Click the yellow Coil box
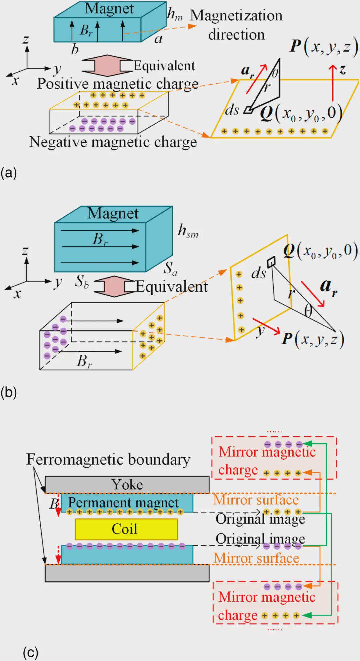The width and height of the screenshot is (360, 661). tap(126, 529)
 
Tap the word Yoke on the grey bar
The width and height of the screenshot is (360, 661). tap(127, 484)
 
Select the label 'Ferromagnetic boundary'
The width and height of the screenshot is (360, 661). tap(108, 459)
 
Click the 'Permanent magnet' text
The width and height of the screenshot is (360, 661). tap(123, 502)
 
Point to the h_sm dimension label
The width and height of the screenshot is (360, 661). tap(188, 231)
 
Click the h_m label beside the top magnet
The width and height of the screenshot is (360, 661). tap(175, 14)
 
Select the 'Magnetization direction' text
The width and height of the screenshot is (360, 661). tap(236, 25)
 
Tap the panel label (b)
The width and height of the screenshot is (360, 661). tap(9, 392)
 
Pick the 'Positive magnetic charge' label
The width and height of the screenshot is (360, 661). tap(118, 83)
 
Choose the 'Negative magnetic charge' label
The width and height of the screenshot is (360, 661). tap(113, 142)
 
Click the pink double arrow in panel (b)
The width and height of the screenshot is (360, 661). tap(114, 286)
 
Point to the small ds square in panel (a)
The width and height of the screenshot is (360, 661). tap(248, 110)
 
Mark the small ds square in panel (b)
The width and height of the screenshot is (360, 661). tap(271, 261)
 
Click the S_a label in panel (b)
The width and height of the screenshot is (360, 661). tap(170, 268)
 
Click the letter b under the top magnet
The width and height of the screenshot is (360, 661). tap(75, 49)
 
